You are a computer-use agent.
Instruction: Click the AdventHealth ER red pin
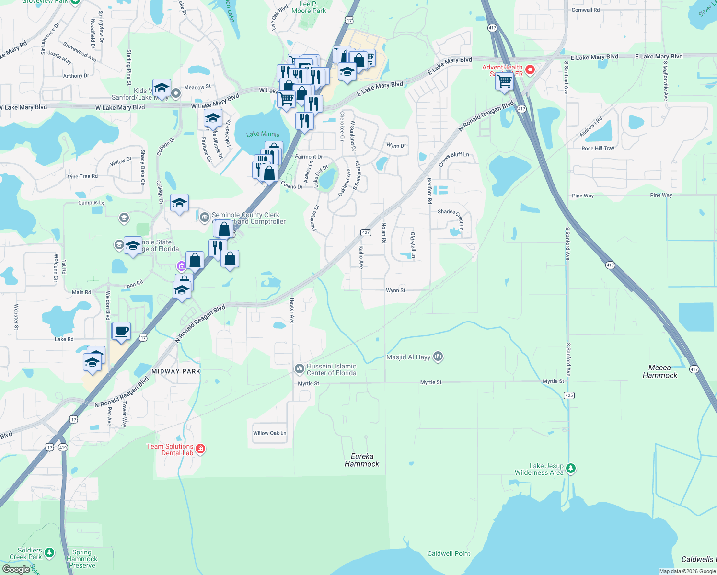pos(530,70)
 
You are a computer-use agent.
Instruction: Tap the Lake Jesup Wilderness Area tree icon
pos(570,468)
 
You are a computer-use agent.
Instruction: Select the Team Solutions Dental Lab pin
pos(200,449)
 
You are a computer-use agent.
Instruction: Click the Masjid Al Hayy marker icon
pos(438,356)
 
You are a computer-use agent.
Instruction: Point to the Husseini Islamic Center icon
pos(299,368)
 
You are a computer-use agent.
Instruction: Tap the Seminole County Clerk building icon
pos(204,217)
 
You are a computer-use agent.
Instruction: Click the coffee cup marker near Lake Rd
pos(122,331)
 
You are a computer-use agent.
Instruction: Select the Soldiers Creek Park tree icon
pos(49,553)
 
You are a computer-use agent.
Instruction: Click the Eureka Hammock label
pos(362,460)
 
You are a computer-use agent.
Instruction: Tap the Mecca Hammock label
pos(659,371)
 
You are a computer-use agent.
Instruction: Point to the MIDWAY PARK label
pos(176,371)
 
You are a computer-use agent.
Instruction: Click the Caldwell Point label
pos(449,553)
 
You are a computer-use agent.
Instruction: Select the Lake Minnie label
pos(263,134)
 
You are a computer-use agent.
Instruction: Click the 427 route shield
pos(366,232)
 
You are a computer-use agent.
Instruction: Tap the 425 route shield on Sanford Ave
pos(569,395)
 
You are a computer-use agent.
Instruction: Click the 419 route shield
pos(63,448)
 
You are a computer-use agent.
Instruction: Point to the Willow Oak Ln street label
pos(269,433)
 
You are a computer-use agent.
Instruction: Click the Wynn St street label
pos(395,290)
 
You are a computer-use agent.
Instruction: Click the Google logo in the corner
pos(16,569)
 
